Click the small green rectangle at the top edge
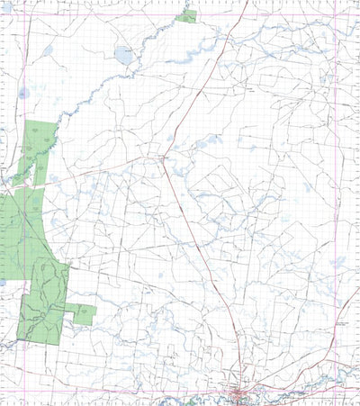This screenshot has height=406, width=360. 186,16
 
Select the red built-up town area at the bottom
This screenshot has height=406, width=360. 241,392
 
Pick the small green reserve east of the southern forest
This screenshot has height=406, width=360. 84,314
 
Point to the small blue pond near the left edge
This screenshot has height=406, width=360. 24,92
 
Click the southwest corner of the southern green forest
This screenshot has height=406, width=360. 19,339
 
